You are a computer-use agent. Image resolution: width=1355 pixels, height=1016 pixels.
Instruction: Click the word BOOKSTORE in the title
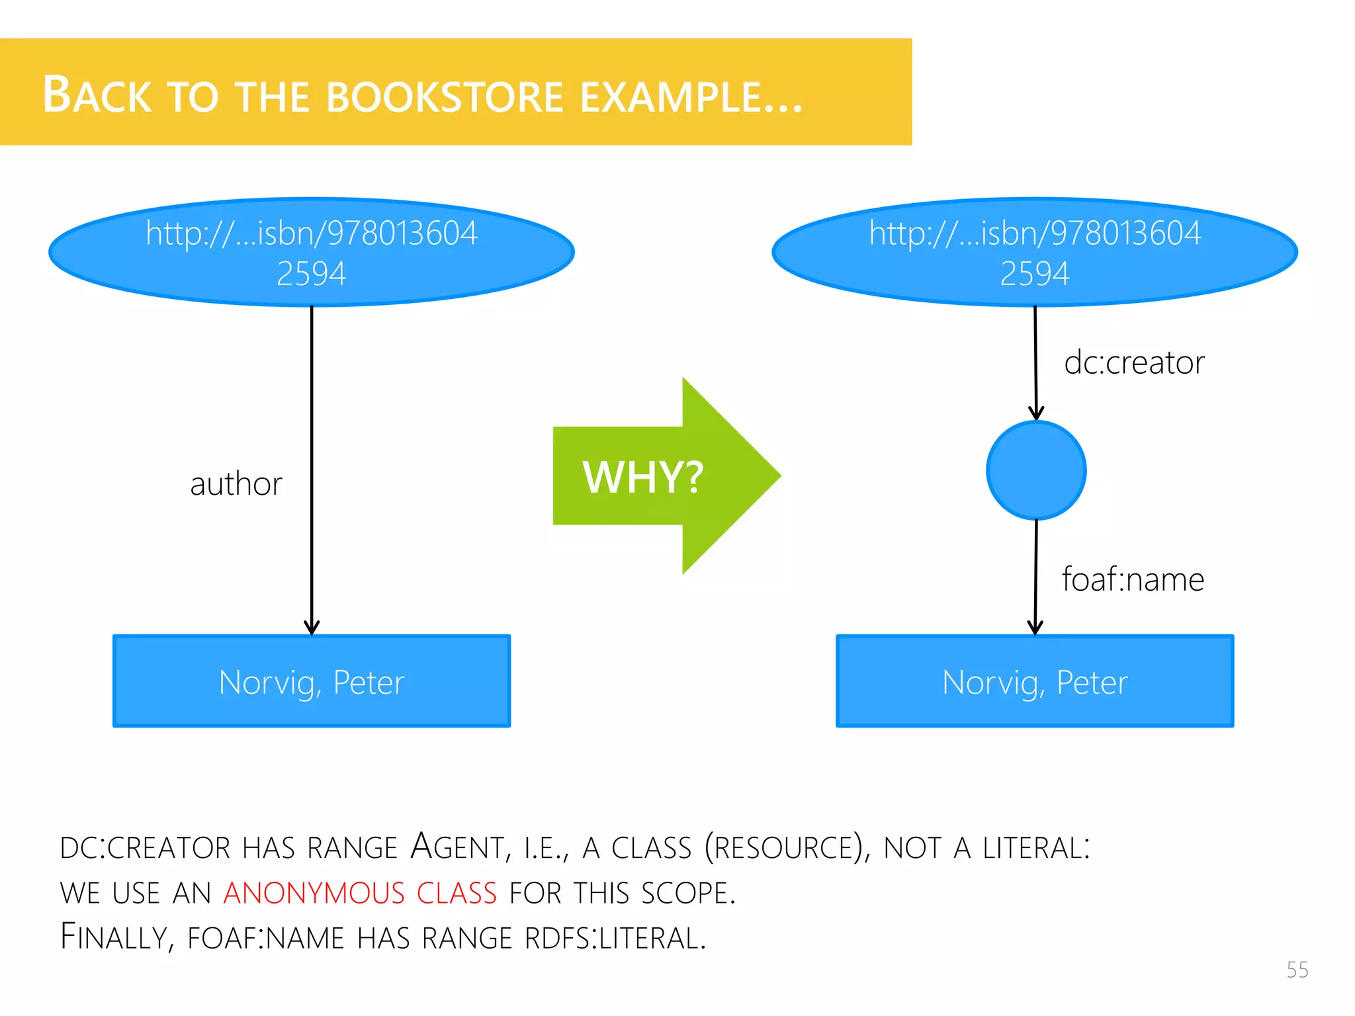click(x=445, y=97)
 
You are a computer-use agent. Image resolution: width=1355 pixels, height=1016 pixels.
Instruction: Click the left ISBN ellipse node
click(x=312, y=252)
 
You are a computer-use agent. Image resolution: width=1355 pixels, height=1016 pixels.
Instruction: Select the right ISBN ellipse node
click(x=1035, y=252)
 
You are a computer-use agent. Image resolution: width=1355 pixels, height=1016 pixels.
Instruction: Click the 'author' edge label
click(x=236, y=484)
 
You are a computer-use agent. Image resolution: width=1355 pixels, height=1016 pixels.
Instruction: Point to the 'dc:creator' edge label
click(x=1134, y=362)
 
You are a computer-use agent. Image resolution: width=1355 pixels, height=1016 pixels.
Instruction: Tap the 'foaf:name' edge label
click(x=1133, y=579)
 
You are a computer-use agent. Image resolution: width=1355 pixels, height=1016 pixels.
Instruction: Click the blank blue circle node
click(x=1036, y=470)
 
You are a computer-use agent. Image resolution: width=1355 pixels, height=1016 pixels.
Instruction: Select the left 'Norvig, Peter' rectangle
click(x=312, y=681)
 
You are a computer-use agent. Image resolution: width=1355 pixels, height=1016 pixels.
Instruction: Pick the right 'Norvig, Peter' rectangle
click(x=1035, y=681)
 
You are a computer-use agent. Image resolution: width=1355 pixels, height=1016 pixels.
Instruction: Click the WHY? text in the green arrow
click(x=642, y=477)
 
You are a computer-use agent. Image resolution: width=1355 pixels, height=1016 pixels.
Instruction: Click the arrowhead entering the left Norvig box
click(x=312, y=628)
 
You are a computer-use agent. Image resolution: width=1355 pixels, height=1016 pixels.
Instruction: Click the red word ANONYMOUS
click(x=314, y=893)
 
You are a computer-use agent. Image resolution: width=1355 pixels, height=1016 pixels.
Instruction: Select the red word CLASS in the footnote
click(x=457, y=893)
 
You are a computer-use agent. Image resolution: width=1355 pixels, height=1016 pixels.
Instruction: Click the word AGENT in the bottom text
click(x=457, y=847)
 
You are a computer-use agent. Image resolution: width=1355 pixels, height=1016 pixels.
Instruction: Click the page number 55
click(x=1297, y=970)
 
